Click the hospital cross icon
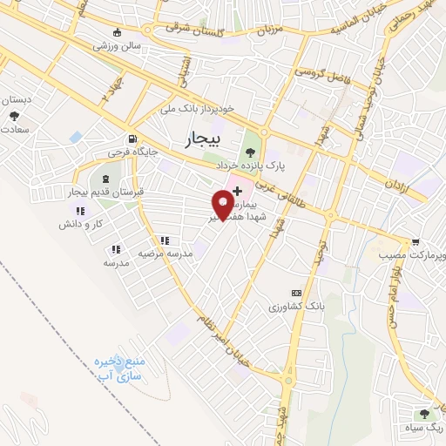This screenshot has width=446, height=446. (x=237, y=190)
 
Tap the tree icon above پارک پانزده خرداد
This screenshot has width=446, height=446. (x=251, y=152)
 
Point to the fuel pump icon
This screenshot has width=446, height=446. (x=132, y=138)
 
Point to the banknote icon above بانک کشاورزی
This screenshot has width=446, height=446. (x=296, y=294)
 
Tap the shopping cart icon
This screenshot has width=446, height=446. (x=416, y=242)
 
